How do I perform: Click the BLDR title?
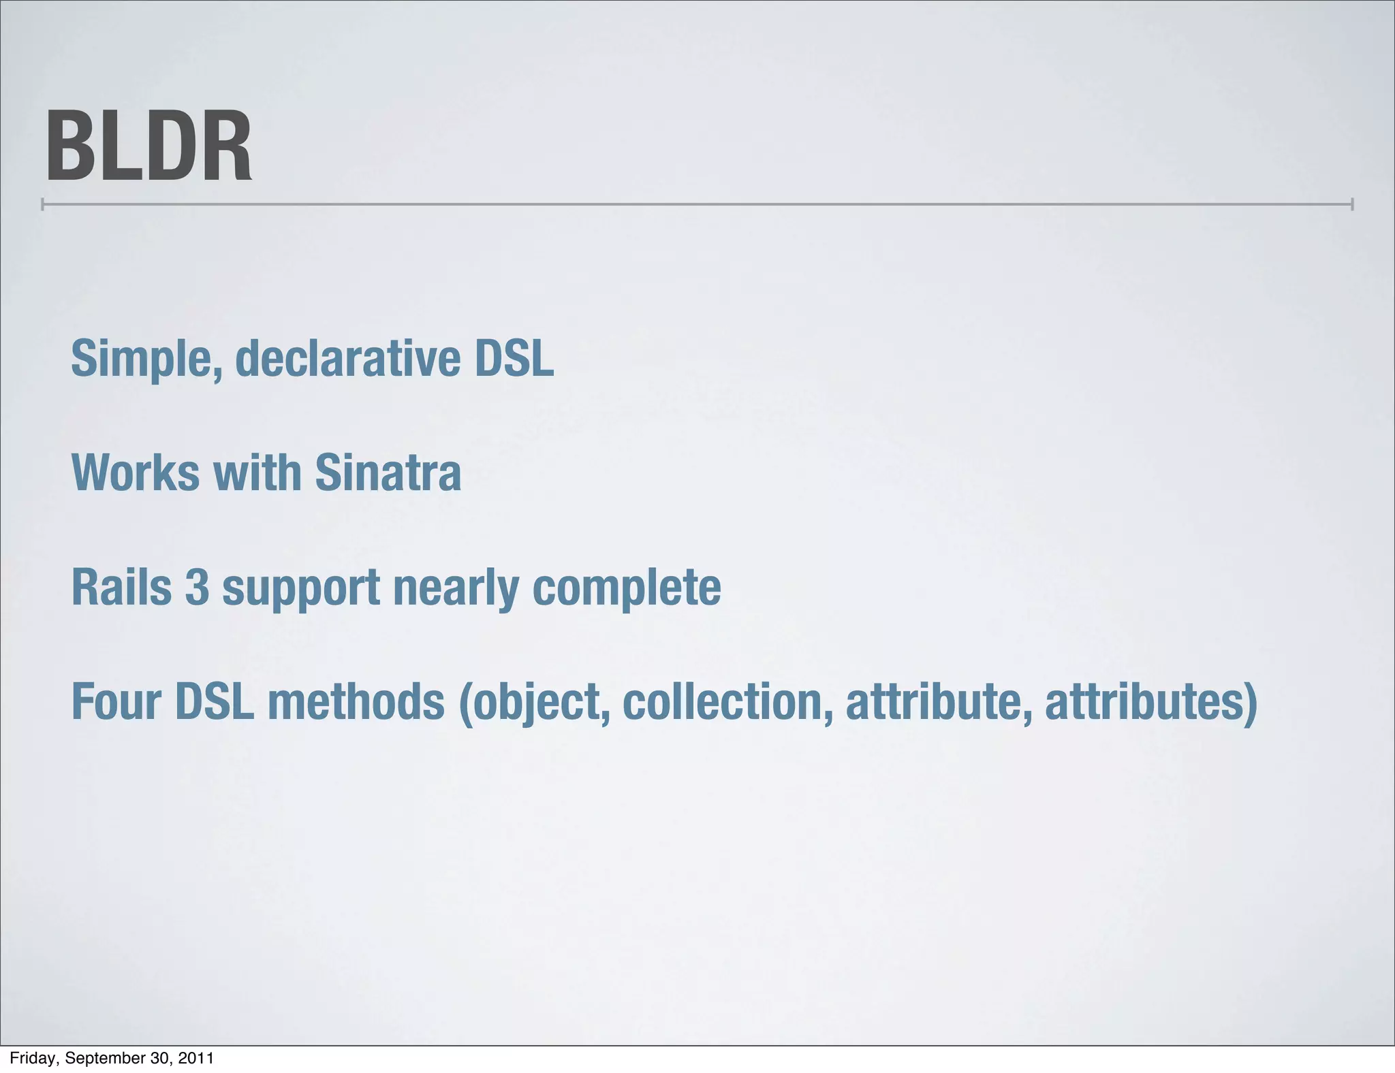148,147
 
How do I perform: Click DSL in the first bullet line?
514,359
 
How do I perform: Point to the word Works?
136,473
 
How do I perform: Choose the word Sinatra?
388,473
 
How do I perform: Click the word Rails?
121,587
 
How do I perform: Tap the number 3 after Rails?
197,587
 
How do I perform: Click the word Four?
115,702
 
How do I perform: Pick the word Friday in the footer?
32,1058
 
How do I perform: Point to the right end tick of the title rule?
1351,204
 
